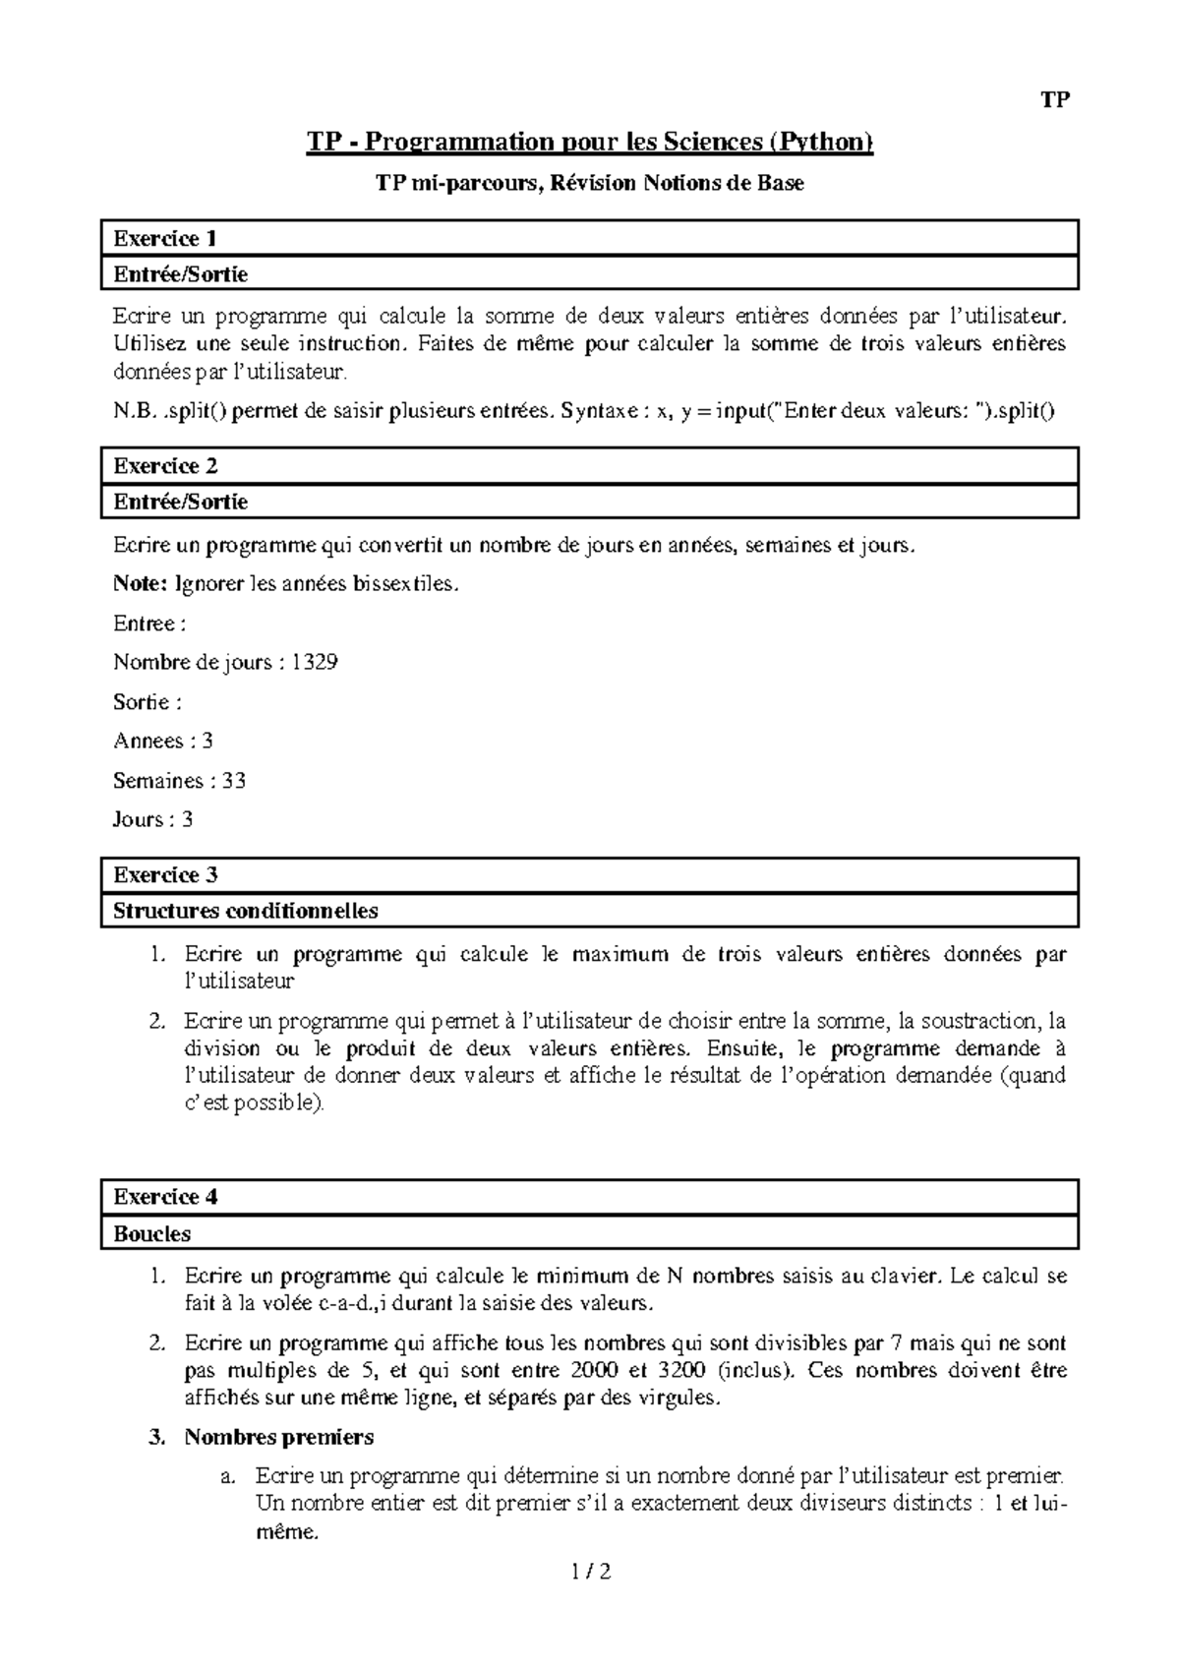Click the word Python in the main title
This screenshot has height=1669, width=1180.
(x=824, y=143)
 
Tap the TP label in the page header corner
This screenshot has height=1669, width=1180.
(x=1055, y=100)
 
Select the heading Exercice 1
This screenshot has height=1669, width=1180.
(x=165, y=239)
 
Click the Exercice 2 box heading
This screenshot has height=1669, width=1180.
(x=165, y=466)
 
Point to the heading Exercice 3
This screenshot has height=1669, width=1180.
(x=165, y=875)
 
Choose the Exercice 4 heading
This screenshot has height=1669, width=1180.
(x=165, y=1197)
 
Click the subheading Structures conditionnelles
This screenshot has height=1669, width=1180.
(x=246, y=911)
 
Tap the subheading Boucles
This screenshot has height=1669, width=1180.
(x=152, y=1233)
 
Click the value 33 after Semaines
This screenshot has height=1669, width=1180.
(x=233, y=781)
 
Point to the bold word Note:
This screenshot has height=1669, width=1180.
(x=141, y=584)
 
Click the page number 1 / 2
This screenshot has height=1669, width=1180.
(x=590, y=1573)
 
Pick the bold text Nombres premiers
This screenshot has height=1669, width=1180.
(x=279, y=1437)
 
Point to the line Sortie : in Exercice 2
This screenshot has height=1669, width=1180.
(x=147, y=702)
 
